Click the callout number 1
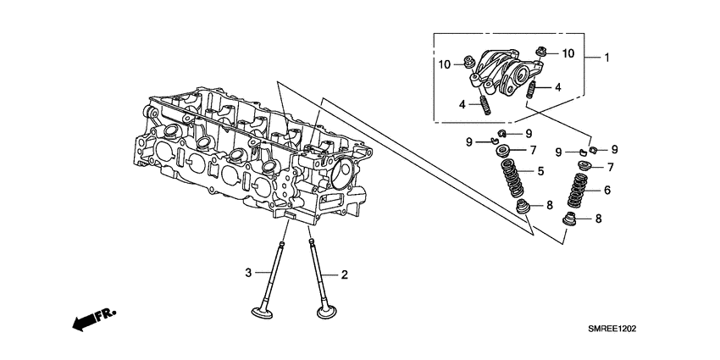606,58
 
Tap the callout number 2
345,274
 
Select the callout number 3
249,272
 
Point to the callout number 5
539,173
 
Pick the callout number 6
606,191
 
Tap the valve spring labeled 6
579,192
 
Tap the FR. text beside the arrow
104,315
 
